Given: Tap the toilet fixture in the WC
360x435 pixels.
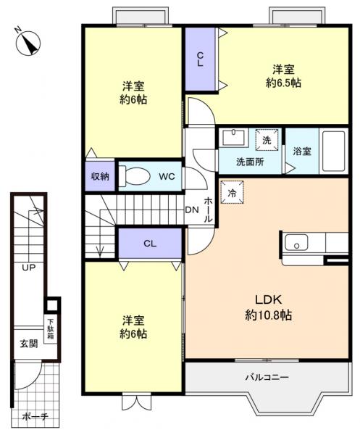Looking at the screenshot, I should [135, 176].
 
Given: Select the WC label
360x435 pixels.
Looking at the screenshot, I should [167, 176].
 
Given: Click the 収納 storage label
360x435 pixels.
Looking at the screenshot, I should [99, 176].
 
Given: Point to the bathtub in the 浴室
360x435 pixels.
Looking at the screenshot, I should [334, 151].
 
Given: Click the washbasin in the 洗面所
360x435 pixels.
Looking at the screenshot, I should [233, 138].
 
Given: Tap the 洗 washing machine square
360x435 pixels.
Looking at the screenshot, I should [266, 139].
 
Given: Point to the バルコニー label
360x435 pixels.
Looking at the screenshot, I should [266, 378].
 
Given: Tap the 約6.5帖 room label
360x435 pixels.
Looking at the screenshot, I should [283, 76].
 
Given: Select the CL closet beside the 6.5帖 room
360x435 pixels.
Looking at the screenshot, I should [200, 60].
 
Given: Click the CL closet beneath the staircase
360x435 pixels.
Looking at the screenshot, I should [149, 244].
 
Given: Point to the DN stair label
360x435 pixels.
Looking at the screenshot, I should [191, 210].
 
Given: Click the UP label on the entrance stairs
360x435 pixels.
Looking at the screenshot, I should [28, 268].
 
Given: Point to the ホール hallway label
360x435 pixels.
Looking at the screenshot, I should [209, 210].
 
